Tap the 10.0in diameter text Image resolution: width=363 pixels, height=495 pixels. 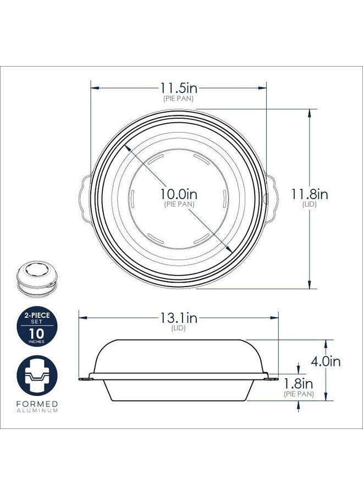coord(178,194)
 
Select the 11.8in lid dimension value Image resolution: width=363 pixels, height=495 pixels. coord(310,194)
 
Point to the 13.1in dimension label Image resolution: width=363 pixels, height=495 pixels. coord(178,318)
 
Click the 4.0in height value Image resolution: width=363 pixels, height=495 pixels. coord(326,362)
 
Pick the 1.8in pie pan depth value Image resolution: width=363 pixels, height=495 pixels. coord(299,384)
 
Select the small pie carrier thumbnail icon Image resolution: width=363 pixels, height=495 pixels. coord(37,276)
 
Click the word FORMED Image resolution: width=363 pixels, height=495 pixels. coord(37,404)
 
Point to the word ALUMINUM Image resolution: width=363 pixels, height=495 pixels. coord(37,411)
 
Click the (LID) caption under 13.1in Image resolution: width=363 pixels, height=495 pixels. coord(178,328)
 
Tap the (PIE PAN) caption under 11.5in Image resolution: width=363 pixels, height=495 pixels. coord(178,98)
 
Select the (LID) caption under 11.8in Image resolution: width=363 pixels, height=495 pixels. coord(310,204)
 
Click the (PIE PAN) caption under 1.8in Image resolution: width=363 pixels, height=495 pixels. coord(299,394)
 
